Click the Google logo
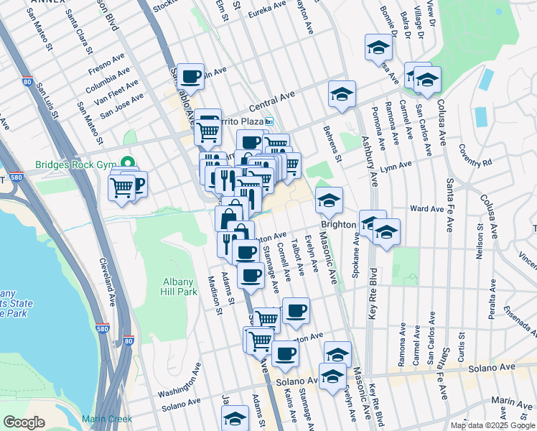24,422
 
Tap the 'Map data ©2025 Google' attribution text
492,425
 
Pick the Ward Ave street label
426,208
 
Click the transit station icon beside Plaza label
268,121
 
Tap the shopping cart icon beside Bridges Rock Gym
121,187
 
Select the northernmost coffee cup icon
191,75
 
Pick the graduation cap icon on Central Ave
342,93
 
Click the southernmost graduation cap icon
235,417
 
